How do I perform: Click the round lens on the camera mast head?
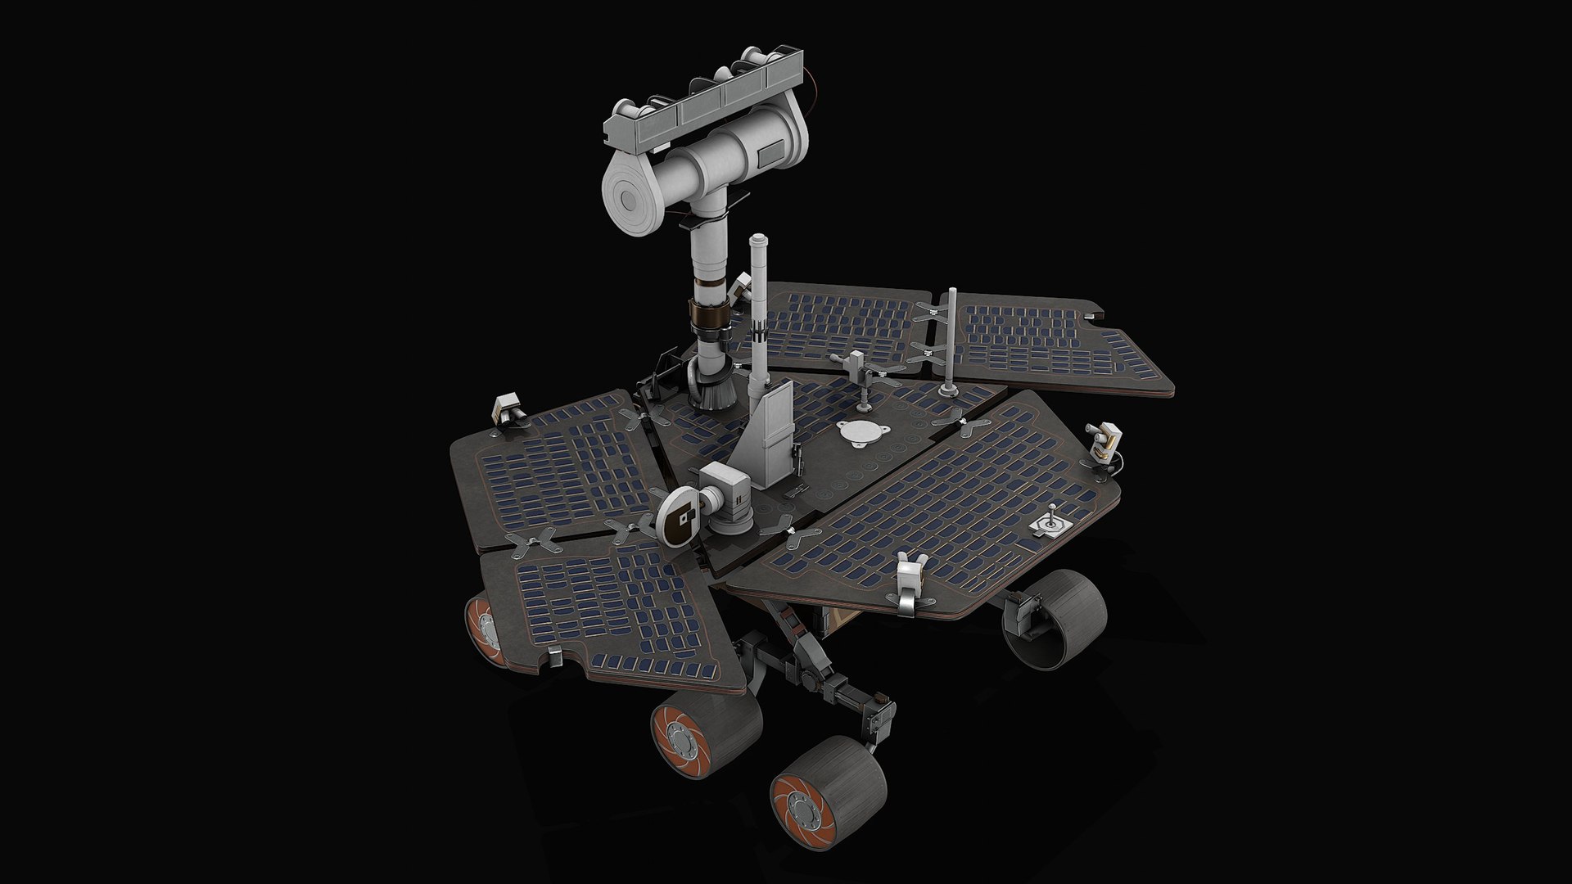(x=632, y=197)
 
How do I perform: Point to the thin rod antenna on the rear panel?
(x=951, y=340)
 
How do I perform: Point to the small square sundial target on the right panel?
(x=1050, y=523)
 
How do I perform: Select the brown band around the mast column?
(x=709, y=315)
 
